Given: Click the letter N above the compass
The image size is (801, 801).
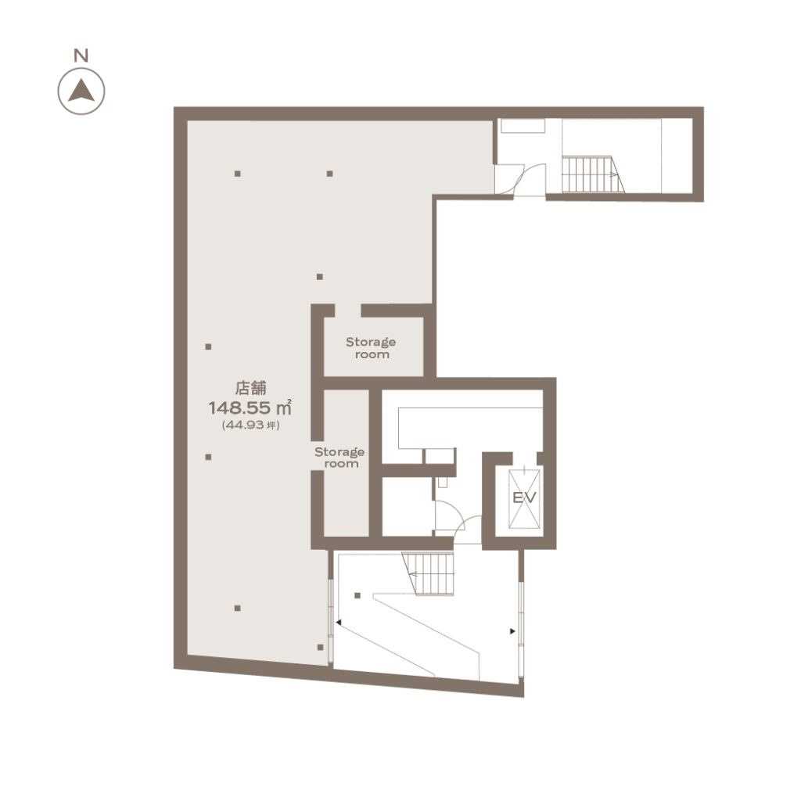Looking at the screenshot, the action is coord(81,56).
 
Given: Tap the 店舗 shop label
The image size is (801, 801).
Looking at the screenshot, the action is coord(250,388).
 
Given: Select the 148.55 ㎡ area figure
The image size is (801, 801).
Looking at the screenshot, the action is coord(250,408).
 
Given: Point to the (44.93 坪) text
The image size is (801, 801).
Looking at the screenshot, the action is coord(250,425).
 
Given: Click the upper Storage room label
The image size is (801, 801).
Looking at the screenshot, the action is coord(371,348).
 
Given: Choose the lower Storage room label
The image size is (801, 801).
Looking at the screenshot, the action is coord(339,458).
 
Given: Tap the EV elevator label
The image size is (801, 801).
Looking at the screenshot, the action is coord(524,497).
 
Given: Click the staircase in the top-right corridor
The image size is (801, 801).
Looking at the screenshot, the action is coord(593,174).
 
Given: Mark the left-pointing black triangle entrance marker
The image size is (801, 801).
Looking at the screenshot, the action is coord(338,622).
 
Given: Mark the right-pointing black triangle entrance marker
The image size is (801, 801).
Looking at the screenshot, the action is coord(512,631).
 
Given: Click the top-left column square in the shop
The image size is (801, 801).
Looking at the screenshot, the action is coord(238,174).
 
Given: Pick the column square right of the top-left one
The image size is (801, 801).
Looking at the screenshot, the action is coord(330,174).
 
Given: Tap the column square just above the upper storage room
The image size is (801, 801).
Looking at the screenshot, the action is coord(320,277).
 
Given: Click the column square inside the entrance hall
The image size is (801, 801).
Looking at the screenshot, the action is coord(357,595).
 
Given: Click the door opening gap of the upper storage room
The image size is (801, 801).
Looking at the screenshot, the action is coord(348,311).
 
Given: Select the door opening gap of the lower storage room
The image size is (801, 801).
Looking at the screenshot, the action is coord(318,454).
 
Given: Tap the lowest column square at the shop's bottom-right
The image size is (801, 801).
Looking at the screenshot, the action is coord(320,647).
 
